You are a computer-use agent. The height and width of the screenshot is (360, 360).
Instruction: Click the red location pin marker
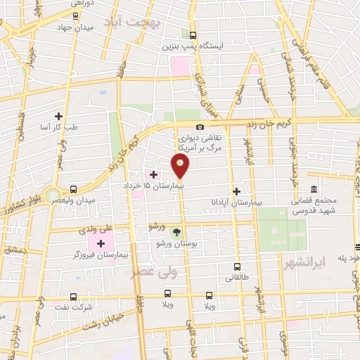click(181, 166)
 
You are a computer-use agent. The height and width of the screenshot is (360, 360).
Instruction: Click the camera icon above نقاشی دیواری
click(200, 127)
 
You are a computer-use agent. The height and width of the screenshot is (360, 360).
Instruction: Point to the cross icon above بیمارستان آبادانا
click(237, 191)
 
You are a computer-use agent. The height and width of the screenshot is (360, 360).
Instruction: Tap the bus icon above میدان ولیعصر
click(74, 188)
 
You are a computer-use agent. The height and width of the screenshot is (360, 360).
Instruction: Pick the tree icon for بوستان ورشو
click(176, 232)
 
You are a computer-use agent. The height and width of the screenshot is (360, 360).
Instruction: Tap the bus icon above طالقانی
click(237, 267)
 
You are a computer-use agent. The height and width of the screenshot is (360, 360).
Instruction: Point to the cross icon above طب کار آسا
click(59, 116)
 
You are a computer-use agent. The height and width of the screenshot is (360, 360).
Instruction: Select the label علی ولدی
click(98, 229)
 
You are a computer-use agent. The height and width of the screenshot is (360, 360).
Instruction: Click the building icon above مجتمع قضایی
click(313, 191)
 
